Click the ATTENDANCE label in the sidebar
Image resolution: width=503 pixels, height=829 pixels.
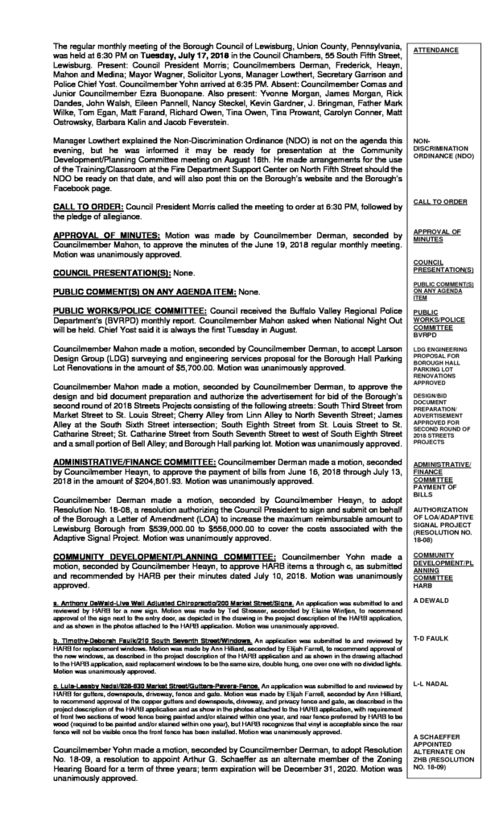click(435, 50)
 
